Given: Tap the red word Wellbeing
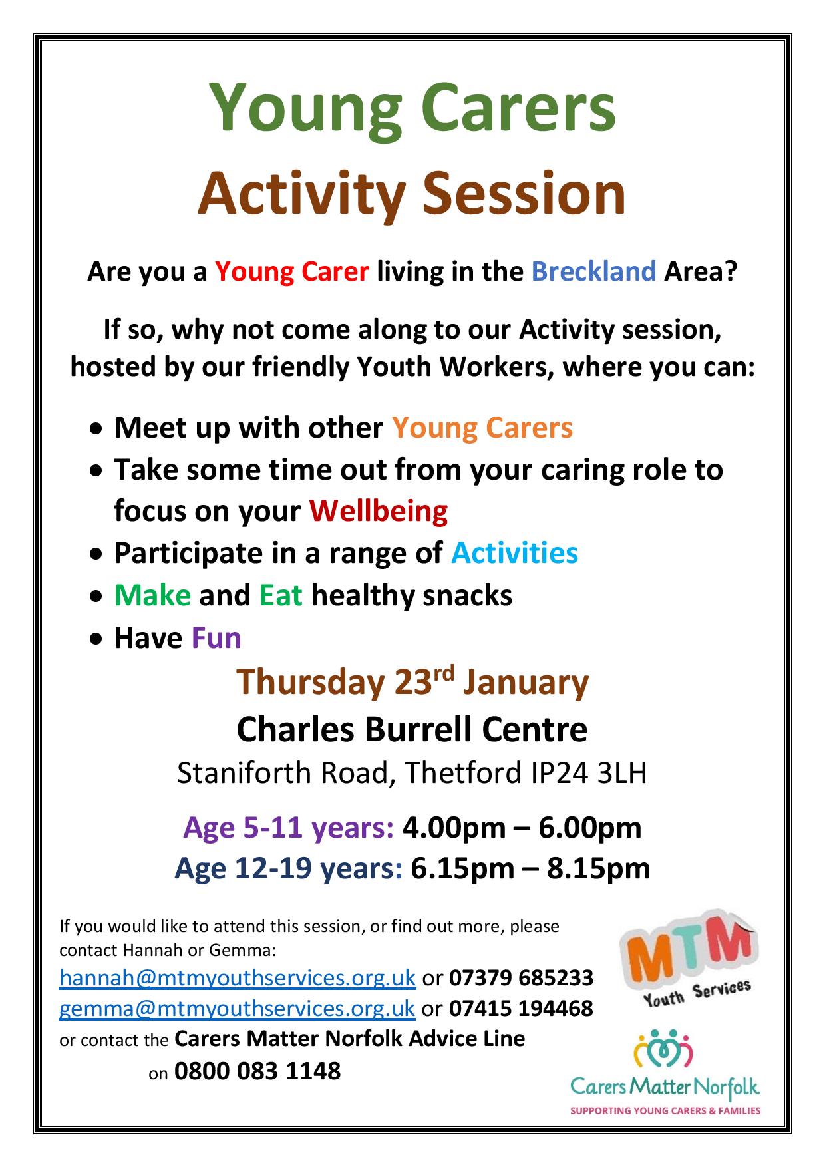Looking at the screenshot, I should pos(379,511).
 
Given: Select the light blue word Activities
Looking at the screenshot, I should pos(514,553).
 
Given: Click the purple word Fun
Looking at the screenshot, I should pos(216,638).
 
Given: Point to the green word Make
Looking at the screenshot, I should pos(152,595).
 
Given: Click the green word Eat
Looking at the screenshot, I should pos(281,595).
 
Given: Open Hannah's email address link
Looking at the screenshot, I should pos(238,977).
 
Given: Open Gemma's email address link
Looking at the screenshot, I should pos(238,1008).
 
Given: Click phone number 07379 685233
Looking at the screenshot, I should pos(521,977).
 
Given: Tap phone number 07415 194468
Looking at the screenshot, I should pos(521,1008).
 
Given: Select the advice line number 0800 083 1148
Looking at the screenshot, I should pos(257,1071).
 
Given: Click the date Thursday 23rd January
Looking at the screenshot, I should pos(412,683).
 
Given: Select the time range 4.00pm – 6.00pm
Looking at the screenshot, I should pos(522,828).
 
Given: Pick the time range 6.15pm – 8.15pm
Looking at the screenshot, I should pos(530,868).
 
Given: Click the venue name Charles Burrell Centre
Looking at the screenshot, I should pos(412,729).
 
